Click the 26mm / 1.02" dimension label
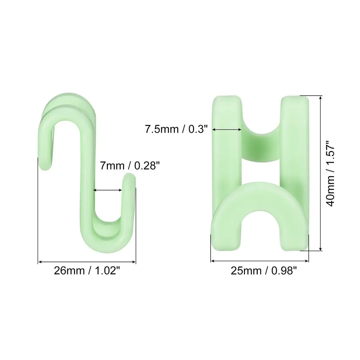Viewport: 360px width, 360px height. click(87, 270)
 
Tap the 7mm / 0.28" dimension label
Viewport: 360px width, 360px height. click(130, 165)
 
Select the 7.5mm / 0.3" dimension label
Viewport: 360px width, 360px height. click(176, 129)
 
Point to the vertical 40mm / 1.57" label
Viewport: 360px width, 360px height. click(330, 173)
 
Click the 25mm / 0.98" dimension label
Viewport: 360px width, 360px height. click(264, 271)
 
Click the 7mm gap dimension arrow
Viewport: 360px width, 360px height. click(108, 190)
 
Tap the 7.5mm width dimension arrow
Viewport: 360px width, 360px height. click(227, 130)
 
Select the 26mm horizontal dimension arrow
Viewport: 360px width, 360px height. click(87, 262)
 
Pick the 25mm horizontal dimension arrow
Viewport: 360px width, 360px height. click(259, 261)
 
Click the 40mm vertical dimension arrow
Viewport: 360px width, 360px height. click(321, 173)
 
